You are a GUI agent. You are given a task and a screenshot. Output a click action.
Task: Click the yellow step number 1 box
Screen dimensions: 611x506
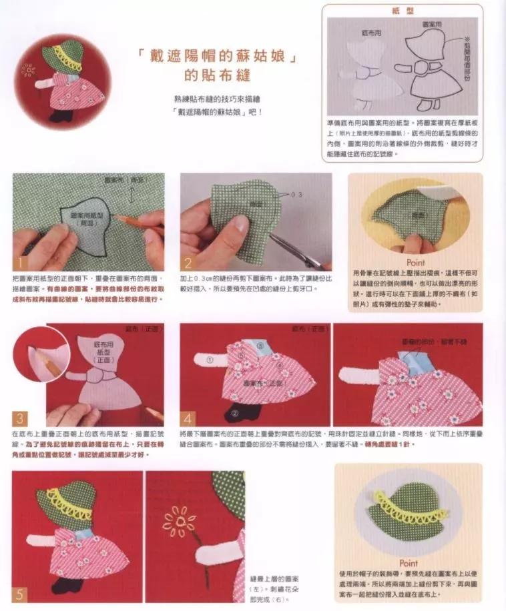(x=21, y=264)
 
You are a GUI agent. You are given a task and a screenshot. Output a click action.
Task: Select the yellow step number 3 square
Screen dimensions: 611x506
(x=21, y=418)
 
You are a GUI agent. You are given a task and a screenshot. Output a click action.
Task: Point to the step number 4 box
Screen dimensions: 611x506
(x=188, y=418)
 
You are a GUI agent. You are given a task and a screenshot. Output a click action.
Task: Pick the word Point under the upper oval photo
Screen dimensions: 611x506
(x=415, y=263)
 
